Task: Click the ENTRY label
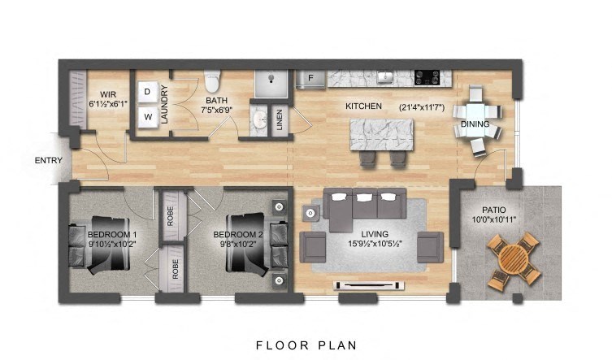(x=48, y=160)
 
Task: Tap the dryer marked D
(x=149, y=92)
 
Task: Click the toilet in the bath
(x=213, y=83)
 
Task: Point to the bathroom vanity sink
(x=259, y=120)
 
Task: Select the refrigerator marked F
(x=310, y=79)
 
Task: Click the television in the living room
(x=369, y=285)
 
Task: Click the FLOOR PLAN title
(x=306, y=345)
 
